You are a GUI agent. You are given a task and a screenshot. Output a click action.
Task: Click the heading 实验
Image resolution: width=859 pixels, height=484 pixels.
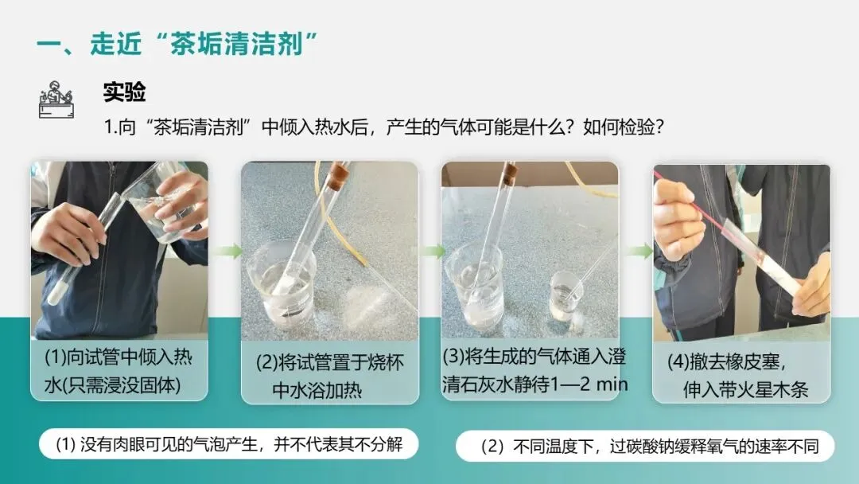point(124,92)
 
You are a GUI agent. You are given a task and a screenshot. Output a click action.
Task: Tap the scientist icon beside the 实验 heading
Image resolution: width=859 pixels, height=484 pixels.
point(56,100)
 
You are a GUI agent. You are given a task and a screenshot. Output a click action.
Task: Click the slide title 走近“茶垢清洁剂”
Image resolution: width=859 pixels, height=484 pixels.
point(177,43)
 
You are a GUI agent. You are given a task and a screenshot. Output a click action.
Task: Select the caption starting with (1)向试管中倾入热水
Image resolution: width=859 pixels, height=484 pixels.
point(119,371)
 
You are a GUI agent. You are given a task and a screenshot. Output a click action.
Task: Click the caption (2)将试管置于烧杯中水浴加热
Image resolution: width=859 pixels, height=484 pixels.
point(329,376)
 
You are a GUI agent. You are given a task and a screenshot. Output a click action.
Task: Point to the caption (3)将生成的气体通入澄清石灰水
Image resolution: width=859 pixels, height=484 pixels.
point(534,370)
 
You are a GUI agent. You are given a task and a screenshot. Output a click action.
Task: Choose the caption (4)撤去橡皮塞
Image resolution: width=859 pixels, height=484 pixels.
point(737,376)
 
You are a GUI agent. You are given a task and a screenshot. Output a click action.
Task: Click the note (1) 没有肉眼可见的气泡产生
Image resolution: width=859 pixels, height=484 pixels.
point(229,444)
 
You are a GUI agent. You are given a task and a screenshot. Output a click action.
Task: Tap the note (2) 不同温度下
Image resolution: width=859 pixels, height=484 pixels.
point(649,446)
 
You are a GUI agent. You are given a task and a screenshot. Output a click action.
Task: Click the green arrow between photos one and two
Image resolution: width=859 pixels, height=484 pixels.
point(227,251)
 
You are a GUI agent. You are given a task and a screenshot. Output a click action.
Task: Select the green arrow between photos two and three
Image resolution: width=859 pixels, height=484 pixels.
point(433,251)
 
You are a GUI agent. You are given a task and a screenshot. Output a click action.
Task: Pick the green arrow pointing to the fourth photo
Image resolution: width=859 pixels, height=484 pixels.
point(639,251)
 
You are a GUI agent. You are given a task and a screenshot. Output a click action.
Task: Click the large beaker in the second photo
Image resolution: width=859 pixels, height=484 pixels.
point(281,284)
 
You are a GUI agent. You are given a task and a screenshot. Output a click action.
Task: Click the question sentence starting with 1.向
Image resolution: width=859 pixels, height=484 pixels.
point(384,127)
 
